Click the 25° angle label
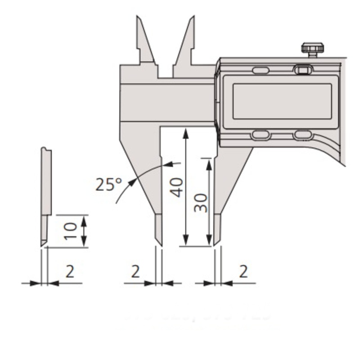point(108,184)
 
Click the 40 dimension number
point(177,187)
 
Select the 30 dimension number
point(201,202)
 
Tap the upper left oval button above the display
point(261,70)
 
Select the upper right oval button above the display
point(302,70)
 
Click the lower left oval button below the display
point(261,135)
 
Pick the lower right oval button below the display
point(302,135)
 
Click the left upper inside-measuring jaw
point(144,43)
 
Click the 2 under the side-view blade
point(70,271)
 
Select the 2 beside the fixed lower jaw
point(135,271)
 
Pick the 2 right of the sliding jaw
point(243,271)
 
